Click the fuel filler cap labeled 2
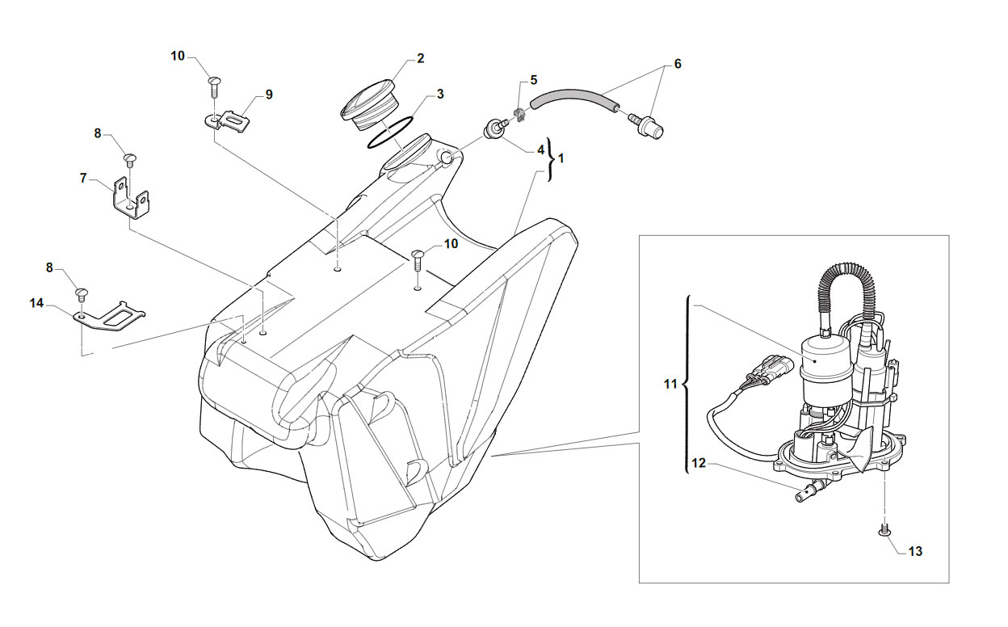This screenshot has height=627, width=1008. pyautogui.click(x=368, y=105)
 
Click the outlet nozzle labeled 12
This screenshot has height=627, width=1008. pyautogui.click(x=810, y=490)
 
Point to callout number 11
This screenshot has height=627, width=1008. pyautogui.click(x=670, y=384)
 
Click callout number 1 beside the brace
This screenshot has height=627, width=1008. pyautogui.click(x=561, y=158)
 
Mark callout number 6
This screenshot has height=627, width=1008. pyautogui.click(x=677, y=64)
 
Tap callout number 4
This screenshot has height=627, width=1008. pyautogui.click(x=540, y=150)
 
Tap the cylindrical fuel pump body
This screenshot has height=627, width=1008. pyautogui.click(x=827, y=373)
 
